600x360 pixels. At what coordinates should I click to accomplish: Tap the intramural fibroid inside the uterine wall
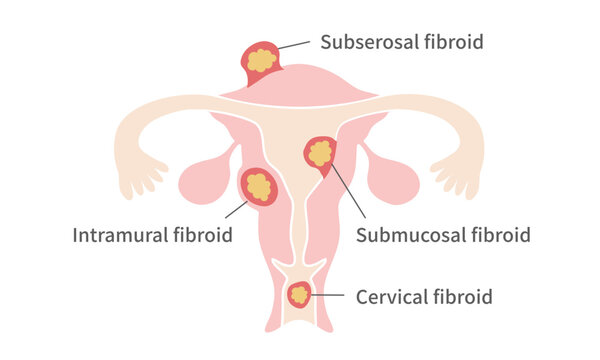point(258,186)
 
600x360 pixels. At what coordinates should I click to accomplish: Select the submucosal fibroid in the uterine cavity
point(320,154)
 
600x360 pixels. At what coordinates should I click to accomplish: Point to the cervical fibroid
point(299,295)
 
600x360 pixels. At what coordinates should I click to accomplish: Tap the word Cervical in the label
point(390,297)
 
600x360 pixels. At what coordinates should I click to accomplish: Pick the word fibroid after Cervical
point(461,297)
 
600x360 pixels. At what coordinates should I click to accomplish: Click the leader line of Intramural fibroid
point(236,209)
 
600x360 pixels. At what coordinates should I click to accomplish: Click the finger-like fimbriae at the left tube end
point(140,179)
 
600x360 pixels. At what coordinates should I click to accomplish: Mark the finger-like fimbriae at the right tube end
point(461,179)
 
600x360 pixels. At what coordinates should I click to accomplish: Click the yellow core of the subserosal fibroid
point(261,60)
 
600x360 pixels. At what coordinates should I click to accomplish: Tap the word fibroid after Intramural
point(199,236)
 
